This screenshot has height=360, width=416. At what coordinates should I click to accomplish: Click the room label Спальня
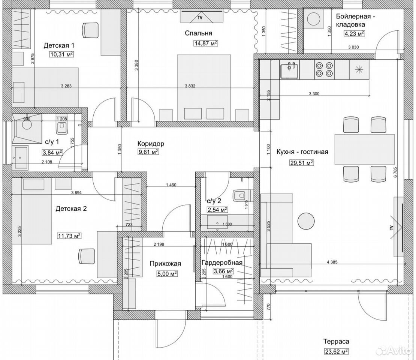pyautogui.click(x=199, y=33)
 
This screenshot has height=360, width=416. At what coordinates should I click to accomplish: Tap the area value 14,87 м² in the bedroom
pyautogui.click(x=206, y=43)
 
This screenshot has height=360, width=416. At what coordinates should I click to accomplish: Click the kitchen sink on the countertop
pyautogui.click(x=289, y=71)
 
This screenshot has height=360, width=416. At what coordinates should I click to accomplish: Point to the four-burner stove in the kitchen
pyautogui.click(x=324, y=69)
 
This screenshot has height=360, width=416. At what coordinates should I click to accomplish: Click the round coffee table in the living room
pyautogui.click(x=306, y=221)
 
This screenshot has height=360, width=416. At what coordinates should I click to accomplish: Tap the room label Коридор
pyautogui.click(x=151, y=144)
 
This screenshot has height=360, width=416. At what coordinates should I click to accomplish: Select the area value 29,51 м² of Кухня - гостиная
pyautogui.click(x=301, y=162)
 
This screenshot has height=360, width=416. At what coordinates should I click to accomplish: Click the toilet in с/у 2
pyautogui.click(x=239, y=196)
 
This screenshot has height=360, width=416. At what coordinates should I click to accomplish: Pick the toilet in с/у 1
pyautogui.click(x=61, y=127)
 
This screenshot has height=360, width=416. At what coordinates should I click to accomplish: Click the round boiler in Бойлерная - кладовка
pyautogui.click(x=314, y=19)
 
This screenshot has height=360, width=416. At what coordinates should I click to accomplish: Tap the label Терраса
pyautogui.click(x=336, y=341)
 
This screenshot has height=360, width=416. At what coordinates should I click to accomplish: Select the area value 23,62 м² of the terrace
pyautogui.click(x=336, y=351)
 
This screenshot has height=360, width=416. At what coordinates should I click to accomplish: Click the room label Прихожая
pyautogui.click(x=165, y=264)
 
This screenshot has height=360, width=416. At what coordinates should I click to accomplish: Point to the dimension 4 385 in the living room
pyautogui.click(x=332, y=262)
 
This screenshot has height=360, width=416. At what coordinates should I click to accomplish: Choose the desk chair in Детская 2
pyautogui.click(x=87, y=256)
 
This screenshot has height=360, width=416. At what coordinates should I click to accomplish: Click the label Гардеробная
pyautogui.click(x=222, y=262)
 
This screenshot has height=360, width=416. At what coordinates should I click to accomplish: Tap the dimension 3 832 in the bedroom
pyautogui.click(x=190, y=86)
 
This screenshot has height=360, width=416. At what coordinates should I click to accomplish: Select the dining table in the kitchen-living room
pyautogui.click(x=365, y=149)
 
